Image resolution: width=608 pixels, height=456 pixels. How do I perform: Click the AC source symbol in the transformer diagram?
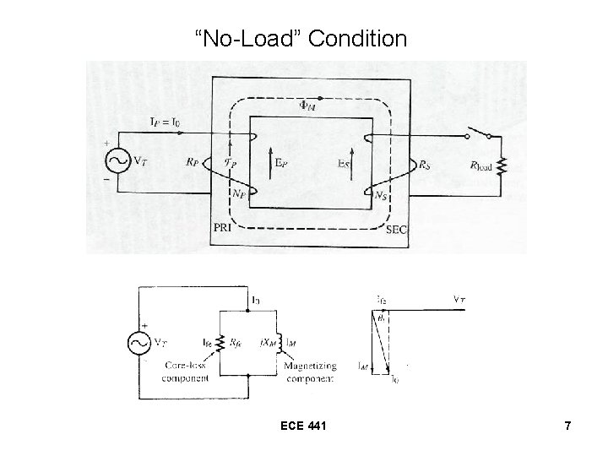116,160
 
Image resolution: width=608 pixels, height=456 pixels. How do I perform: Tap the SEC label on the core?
396,229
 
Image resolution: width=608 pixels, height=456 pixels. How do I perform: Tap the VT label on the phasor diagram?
458,299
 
